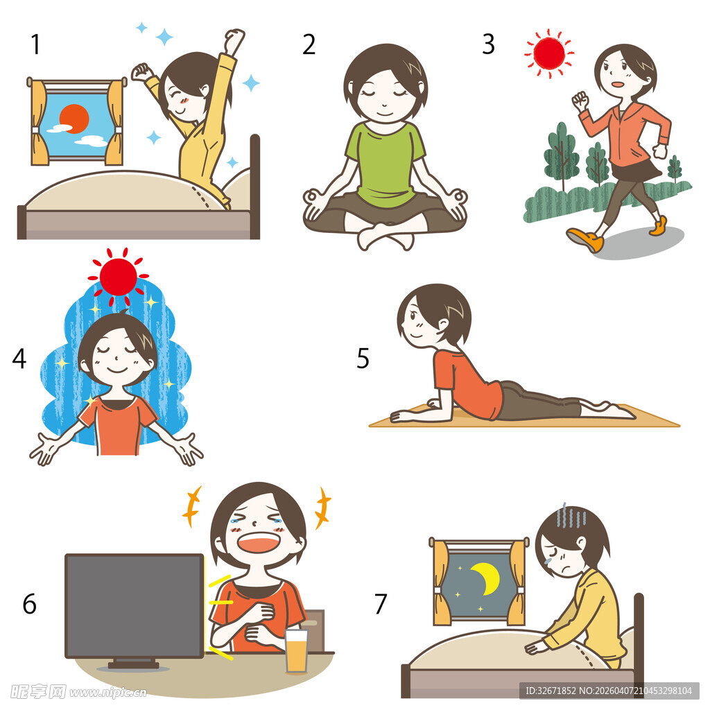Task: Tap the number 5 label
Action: click(x=363, y=358)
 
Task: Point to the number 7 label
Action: click(x=381, y=604)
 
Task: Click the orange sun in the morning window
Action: click(x=74, y=119)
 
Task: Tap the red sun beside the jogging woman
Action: click(x=549, y=53)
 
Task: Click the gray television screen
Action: click(x=135, y=605)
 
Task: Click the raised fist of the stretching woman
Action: click(x=234, y=39)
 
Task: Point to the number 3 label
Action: click(x=488, y=44)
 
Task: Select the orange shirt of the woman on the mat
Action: click(x=467, y=385)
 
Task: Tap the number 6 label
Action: click(x=29, y=604)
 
